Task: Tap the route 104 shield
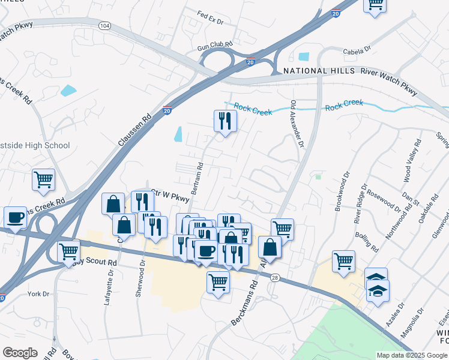[106, 26]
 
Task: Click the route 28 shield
[274, 277]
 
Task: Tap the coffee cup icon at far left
[15, 217]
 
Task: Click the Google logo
[20, 353]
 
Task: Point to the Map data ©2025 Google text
[411, 355]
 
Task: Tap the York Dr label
[38, 294]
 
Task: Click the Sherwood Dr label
[142, 270]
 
